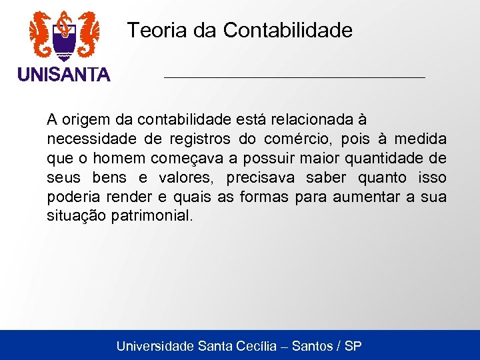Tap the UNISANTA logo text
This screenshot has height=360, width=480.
click(64, 75)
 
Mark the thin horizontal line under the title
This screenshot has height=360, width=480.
click(294, 78)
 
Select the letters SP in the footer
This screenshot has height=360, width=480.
click(353, 346)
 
